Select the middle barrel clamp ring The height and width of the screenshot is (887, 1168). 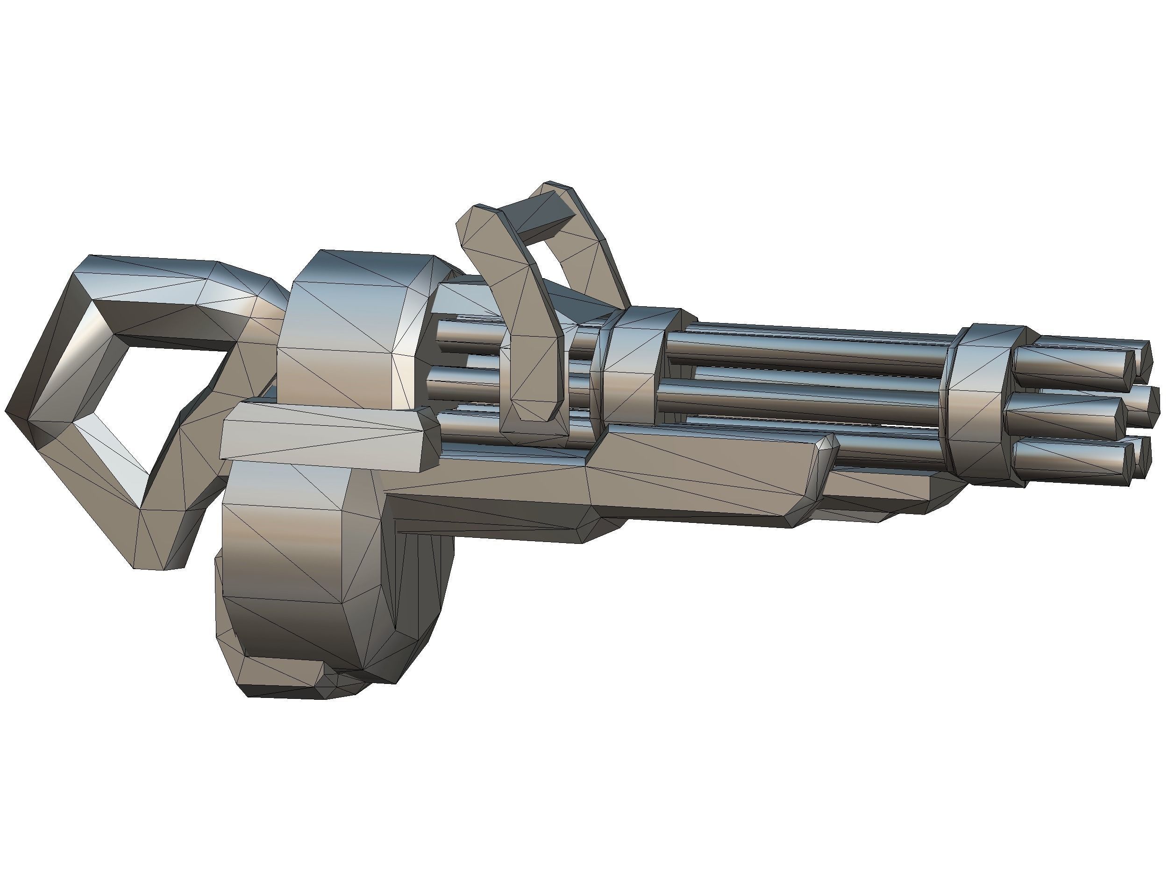(634, 364)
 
